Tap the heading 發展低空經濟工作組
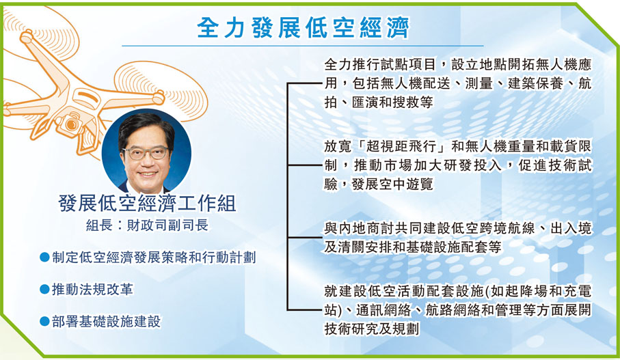tap(147, 204)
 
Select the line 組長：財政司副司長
tap(147, 225)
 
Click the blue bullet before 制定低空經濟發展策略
tap(44, 258)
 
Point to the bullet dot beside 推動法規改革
tap(44, 290)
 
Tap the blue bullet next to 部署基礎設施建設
tap(44, 321)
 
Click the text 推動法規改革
tap(92, 290)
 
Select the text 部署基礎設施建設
tap(107, 321)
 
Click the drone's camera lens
tap(71, 125)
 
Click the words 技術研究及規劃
tap(371, 329)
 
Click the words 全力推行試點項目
tap(379, 64)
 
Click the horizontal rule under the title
tap(303, 46)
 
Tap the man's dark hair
tap(146, 126)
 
